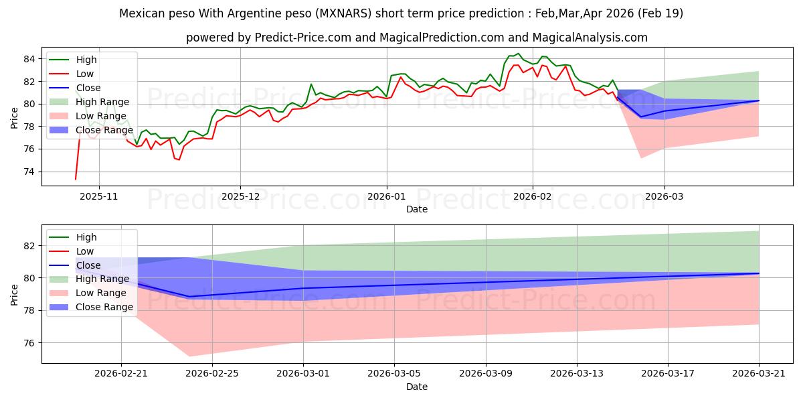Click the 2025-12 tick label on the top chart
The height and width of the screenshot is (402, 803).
click(x=240, y=196)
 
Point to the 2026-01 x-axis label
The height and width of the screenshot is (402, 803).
click(x=387, y=196)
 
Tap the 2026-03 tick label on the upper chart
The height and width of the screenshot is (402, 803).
click(x=664, y=196)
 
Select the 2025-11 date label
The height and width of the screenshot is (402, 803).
click(x=98, y=196)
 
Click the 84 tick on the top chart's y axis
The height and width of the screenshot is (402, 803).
click(x=29, y=59)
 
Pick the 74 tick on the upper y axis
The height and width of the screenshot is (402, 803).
click(x=29, y=172)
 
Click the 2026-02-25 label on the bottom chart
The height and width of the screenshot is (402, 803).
click(x=212, y=374)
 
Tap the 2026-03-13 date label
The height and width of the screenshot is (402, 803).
click(x=577, y=374)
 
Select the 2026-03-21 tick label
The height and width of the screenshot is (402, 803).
click(x=759, y=374)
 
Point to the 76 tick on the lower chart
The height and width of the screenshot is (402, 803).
click(x=29, y=343)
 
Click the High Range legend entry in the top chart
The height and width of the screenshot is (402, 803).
click(x=89, y=102)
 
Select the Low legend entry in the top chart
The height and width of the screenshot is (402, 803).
click(x=71, y=74)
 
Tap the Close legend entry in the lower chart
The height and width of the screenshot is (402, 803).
click(x=74, y=265)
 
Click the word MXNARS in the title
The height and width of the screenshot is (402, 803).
click(x=345, y=13)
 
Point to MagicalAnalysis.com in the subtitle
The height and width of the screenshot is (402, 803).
click(x=590, y=38)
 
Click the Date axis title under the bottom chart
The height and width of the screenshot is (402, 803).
click(x=416, y=387)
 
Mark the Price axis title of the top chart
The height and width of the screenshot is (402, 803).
click(x=14, y=118)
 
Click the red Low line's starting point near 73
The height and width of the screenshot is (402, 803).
click(x=75, y=179)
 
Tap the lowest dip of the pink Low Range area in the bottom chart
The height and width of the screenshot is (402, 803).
click(x=189, y=356)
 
